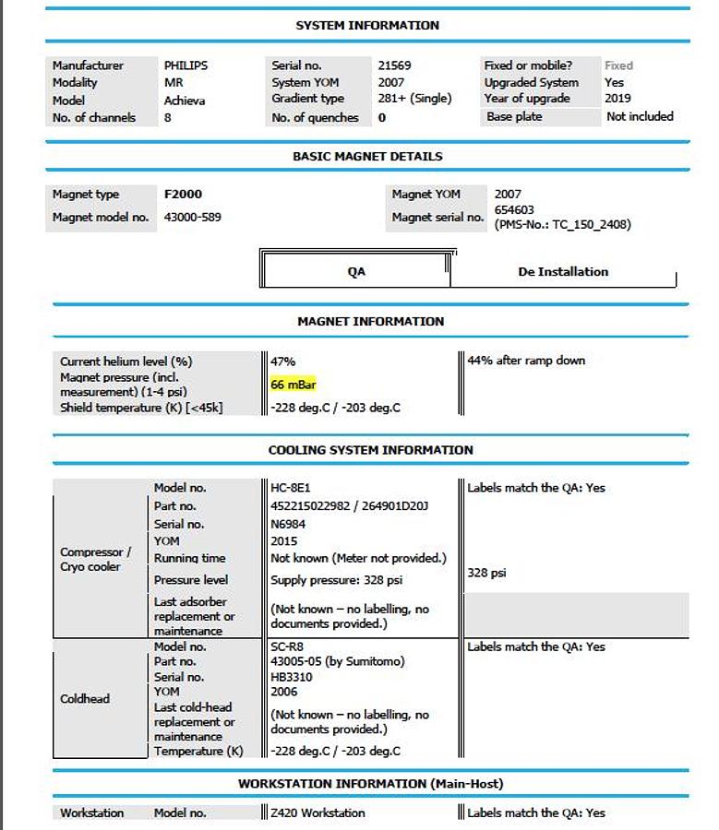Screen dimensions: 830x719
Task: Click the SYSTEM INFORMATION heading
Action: (x=367, y=25)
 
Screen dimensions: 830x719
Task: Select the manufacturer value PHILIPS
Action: (x=186, y=65)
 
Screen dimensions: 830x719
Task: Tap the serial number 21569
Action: (x=394, y=65)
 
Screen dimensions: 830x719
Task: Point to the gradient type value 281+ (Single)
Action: (x=413, y=100)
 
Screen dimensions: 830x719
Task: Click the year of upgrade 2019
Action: (x=617, y=99)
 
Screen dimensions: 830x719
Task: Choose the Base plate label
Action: (x=514, y=117)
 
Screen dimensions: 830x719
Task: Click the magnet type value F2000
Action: (x=183, y=195)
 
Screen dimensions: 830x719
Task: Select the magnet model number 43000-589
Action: (x=192, y=218)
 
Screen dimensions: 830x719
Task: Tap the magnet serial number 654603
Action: (x=514, y=210)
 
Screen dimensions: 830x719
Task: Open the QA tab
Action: (x=356, y=272)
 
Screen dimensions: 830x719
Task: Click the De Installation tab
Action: (x=563, y=272)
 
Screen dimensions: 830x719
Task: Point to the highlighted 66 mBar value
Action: (x=294, y=385)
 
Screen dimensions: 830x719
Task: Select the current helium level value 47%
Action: (x=283, y=362)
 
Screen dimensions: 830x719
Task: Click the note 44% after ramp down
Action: (x=526, y=361)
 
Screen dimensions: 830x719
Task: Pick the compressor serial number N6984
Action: (x=289, y=523)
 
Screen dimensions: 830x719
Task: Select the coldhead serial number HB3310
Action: (x=292, y=676)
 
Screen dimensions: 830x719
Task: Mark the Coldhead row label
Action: (x=85, y=699)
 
